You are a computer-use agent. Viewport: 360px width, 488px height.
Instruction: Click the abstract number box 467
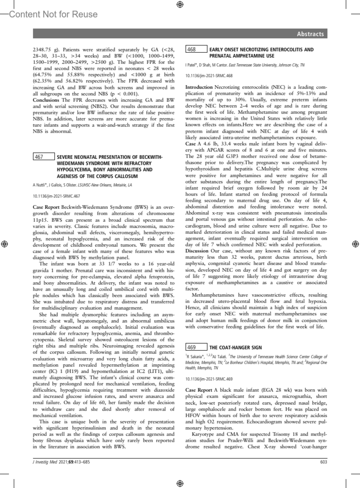click(x=44, y=157)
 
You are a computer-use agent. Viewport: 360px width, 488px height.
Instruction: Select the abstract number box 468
click(x=196, y=49)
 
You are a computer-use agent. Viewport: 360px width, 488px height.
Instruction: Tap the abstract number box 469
click(x=196, y=347)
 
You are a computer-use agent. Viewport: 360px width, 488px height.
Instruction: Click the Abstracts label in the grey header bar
click(x=310, y=34)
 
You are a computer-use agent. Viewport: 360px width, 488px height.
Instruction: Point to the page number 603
click(x=323, y=462)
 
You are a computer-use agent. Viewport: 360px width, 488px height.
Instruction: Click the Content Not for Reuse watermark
click(x=53, y=14)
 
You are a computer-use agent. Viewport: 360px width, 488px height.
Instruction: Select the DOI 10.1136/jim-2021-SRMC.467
click(x=56, y=196)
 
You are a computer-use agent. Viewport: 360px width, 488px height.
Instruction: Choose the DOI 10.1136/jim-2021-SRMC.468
click(x=209, y=76)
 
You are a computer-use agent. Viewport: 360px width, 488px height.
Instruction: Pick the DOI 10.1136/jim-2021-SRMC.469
click(x=209, y=379)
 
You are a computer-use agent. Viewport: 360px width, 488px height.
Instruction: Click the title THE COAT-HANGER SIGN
click(x=235, y=348)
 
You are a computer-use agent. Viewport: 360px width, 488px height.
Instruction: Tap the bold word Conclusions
click(x=46, y=100)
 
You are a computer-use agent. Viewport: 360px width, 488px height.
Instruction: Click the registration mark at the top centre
click(x=180, y=4)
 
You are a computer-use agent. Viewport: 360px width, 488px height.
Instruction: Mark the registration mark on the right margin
click(x=355, y=244)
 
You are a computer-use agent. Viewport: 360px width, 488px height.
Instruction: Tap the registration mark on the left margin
click(x=5, y=244)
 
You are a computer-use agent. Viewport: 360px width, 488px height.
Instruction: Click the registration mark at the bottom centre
click(x=180, y=483)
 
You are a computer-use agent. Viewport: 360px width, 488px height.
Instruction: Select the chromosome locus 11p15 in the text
click(x=40, y=220)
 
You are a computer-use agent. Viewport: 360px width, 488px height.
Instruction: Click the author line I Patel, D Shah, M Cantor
click(x=207, y=65)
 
